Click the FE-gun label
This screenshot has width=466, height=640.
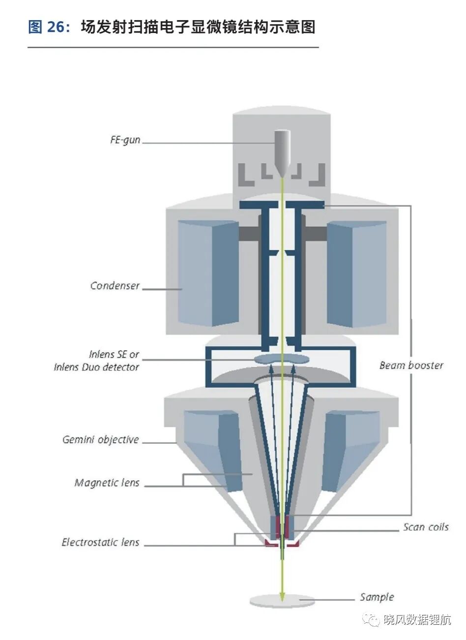coord(125,140)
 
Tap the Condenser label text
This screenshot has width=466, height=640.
coord(115,285)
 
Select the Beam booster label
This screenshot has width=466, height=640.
coord(411,365)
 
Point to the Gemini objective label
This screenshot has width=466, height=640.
coord(100,439)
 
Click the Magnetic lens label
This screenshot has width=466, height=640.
coord(107,483)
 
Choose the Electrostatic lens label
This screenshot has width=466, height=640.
coord(100,542)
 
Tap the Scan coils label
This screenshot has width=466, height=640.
coord(426,527)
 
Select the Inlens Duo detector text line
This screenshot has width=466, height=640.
coord(96,367)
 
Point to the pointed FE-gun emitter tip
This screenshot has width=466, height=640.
coord(282,177)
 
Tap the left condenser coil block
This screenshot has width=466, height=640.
coord(208,273)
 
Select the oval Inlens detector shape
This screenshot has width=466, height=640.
coord(282,359)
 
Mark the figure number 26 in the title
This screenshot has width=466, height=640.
coord(56,28)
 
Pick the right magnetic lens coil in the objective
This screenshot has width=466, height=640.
coord(351,451)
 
